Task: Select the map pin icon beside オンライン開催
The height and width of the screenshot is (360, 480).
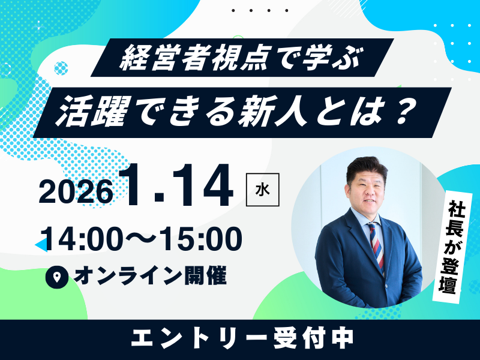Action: point(58,277)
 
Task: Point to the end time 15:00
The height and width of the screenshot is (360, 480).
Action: point(203,239)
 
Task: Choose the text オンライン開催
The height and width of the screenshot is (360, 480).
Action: point(150,277)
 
